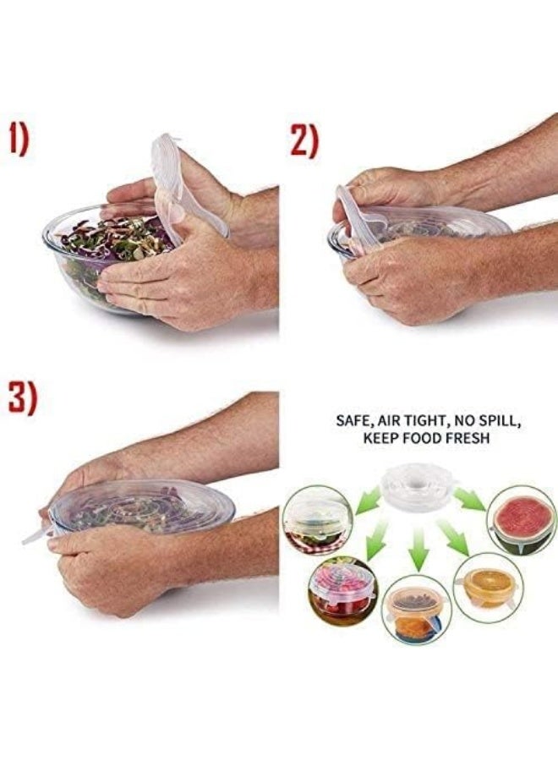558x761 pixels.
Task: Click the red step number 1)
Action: [19, 139]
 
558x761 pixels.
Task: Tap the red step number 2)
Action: [304, 140]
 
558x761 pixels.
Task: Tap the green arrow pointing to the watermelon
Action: [470, 499]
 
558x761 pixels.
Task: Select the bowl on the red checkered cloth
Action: [317, 519]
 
